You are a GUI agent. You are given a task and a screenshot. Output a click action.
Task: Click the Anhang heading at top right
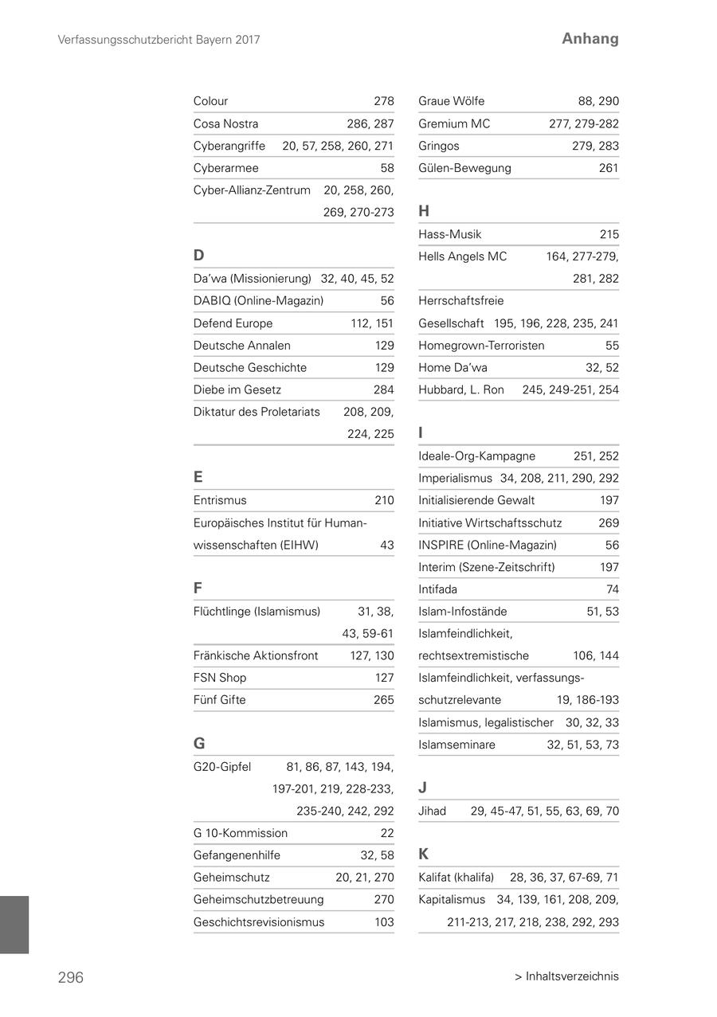pyautogui.click(x=590, y=38)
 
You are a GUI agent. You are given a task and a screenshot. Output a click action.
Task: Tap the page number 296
pyautogui.click(x=70, y=977)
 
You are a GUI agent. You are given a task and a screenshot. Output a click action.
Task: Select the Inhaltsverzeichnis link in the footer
pyautogui.click(x=566, y=976)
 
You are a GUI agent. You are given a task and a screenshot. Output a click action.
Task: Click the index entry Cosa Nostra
pyautogui.click(x=225, y=123)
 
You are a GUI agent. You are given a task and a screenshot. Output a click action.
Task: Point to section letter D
pyautogui.click(x=198, y=256)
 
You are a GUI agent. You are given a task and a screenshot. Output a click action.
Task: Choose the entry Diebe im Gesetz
pyautogui.click(x=237, y=389)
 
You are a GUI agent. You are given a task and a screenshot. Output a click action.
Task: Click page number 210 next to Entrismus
pyautogui.click(x=384, y=500)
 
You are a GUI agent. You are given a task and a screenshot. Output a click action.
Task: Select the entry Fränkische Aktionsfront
pyautogui.click(x=255, y=655)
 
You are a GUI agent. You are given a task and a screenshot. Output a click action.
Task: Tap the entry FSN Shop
pyautogui.click(x=219, y=678)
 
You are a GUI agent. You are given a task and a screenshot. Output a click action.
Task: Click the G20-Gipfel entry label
pyautogui.click(x=221, y=767)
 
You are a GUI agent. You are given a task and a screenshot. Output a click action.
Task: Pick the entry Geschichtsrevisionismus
pyautogui.click(x=259, y=922)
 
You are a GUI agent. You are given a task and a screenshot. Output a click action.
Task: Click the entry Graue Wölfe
pyautogui.click(x=451, y=101)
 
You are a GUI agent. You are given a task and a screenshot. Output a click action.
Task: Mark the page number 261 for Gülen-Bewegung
pyautogui.click(x=609, y=168)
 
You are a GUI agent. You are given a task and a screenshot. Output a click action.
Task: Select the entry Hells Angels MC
pyautogui.click(x=462, y=256)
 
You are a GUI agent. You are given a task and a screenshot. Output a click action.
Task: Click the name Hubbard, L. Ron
pyautogui.click(x=460, y=389)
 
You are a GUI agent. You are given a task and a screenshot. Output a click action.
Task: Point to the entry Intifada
pyautogui.click(x=437, y=589)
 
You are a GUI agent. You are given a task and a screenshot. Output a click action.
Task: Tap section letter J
pyautogui.click(x=422, y=788)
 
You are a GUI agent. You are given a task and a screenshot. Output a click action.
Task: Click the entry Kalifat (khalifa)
pyautogui.click(x=456, y=878)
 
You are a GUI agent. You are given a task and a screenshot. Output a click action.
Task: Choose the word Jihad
pyautogui.click(x=432, y=811)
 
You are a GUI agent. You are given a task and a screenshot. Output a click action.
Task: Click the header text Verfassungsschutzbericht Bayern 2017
pyautogui.click(x=159, y=39)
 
